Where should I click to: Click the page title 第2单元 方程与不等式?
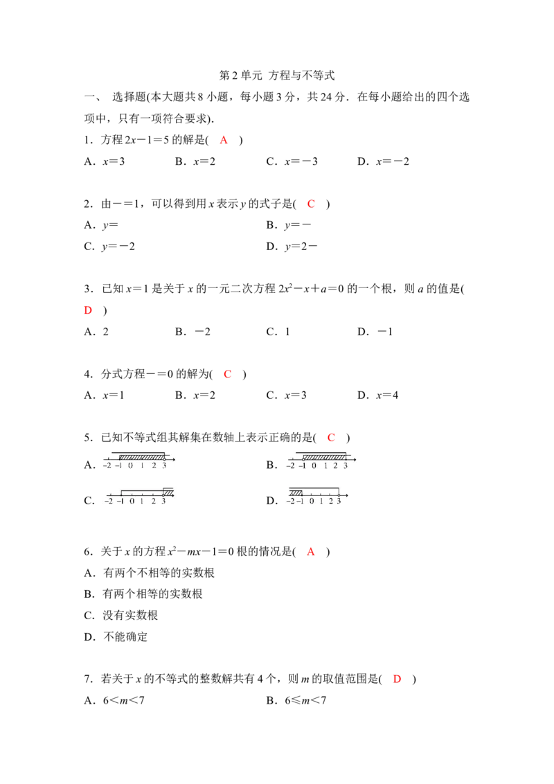pyautogui.click(x=276, y=75)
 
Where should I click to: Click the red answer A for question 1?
pyautogui.click(x=224, y=140)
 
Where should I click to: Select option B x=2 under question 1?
pyautogui.click(x=195, y=161)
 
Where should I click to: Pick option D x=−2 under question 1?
pyautogui.click(x=383, y=161)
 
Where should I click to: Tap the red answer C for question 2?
pyautogui.click(x=311, y=204)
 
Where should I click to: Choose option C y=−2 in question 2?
pyautogui.click(x=109, y=247)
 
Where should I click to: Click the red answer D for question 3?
pyautogui.click(x=88, y=310)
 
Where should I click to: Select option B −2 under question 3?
pyautogui.click(x=193, y=332)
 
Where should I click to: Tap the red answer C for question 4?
pyautogui.click(x=228, y=375)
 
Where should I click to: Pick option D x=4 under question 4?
pyautogui.click(x=377, y=395)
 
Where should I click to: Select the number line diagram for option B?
pyautogui.click(x=321, y=461)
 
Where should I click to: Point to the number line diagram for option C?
pyautogui.click(x=139, y=496)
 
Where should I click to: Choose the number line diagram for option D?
pyautogui.click(x=317, y=495)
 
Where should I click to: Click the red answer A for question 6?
pyautogui.click(x=311, y=552)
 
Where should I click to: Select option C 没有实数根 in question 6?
pyautogui.click(x=121, y=616)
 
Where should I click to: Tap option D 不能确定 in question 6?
pyautogui.click(x=116, y=637)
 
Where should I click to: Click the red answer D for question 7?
pyautogui.click(x=397, y=679)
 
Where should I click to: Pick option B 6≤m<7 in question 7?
pyautogui.click(x=296, y=700)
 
